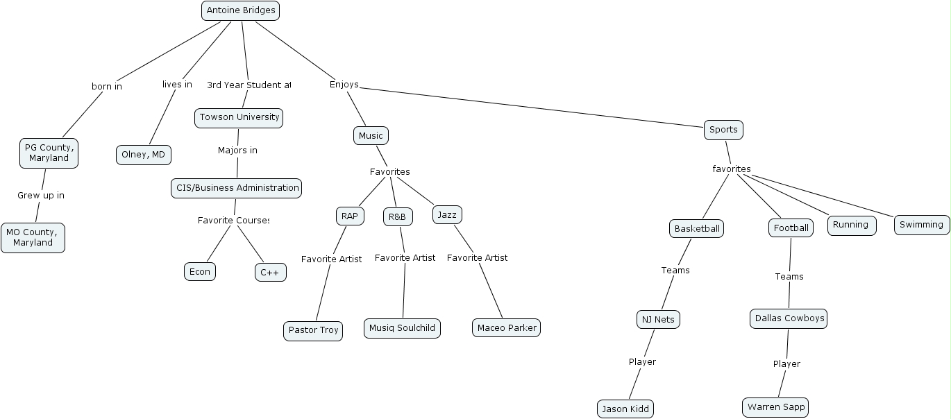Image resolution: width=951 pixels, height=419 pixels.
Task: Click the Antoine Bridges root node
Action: point(240,10)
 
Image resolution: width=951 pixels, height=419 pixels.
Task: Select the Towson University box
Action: point(239,117)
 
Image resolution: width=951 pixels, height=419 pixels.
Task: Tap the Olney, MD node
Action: point(143,155)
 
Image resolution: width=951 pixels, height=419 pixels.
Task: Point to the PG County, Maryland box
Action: point(49,153)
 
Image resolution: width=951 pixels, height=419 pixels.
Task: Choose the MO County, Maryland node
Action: point(33,237)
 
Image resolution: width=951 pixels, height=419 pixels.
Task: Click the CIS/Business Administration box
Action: point(237,188)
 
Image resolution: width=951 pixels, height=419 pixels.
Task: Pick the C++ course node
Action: point(270,273)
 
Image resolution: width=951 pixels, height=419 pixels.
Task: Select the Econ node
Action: point(200,271)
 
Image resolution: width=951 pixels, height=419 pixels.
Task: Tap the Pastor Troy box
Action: point(313,330)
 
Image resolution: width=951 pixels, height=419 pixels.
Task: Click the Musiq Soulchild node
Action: point(402,327)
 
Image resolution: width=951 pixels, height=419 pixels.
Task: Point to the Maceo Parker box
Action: point(506,327)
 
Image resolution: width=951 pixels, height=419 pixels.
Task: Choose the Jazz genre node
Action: point(447,215)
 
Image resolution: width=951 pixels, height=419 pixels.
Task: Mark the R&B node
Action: point(397,217)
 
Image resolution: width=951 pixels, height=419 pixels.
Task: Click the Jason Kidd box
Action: point(625,409)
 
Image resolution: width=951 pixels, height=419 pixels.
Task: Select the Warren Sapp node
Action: point(775,407)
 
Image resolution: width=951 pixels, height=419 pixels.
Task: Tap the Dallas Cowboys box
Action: point(789,318)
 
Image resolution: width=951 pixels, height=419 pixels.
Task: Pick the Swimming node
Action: point(921,225)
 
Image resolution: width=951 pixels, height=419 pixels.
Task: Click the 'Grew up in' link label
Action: point(41,196)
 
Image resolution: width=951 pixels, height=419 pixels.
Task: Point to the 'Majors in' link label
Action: point(237,151)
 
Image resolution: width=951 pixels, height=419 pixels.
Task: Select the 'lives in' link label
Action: point(177,85)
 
